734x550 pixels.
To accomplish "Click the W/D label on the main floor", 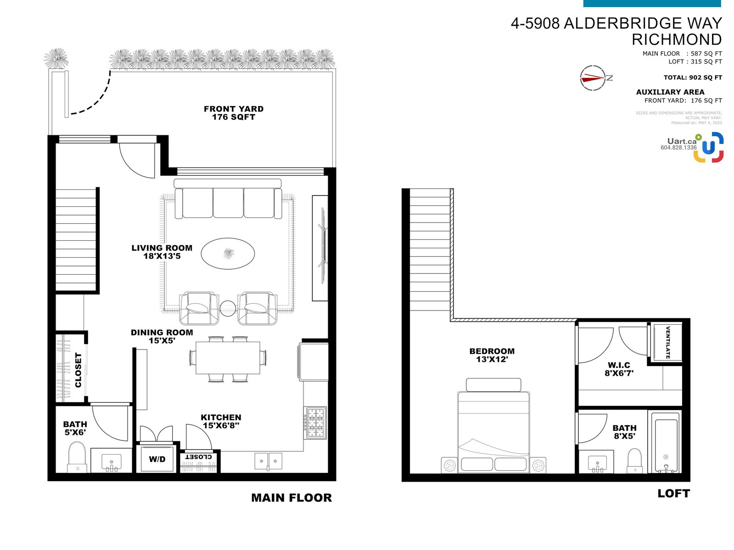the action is point(157,459).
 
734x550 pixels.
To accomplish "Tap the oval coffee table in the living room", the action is point(228,253).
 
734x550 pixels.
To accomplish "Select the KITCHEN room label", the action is point(221,417).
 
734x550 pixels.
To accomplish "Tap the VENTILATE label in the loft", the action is point(668,343).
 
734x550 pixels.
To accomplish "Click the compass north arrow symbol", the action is point(593,78).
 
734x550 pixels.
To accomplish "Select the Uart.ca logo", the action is point(692,147).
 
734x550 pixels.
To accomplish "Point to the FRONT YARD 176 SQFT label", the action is point(233,113).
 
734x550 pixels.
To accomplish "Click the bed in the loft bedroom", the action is point(493,425).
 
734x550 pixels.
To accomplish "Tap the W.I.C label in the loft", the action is point(619,365).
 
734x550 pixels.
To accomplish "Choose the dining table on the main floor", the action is point(228,357).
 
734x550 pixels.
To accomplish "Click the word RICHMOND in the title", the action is point(677,40).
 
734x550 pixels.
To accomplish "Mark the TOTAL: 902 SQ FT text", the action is point(693,78).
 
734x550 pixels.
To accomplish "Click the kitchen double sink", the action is point(268,461).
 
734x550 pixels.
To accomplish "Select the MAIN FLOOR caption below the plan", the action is point(291,498).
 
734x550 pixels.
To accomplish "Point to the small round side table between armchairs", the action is point(228,308).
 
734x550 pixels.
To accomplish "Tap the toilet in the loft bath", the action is point(635,461).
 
